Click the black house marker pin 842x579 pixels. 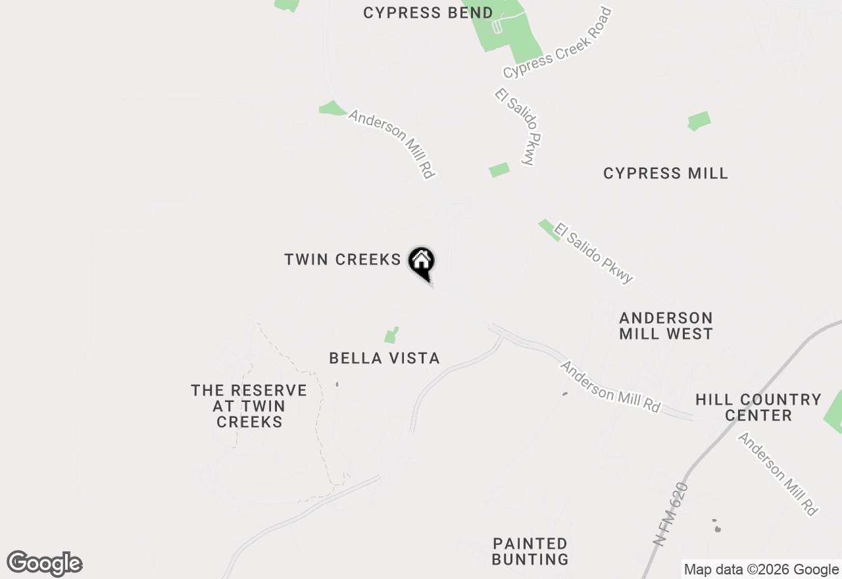coord(422,262)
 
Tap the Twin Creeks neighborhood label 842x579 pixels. coord(342,260)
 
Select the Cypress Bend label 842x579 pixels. coord(428,13)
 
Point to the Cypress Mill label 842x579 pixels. coord(666,174)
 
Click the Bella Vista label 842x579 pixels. coord(384,359)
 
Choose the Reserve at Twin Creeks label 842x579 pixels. coord(249,406)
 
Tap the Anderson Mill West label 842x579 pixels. coord(666,326)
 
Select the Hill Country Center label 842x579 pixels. coord(758,407)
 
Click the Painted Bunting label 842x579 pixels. coord(530,551)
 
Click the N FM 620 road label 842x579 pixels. coord(672,513)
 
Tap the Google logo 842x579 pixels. coord(45,564)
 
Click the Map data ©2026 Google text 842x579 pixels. coord(760,570)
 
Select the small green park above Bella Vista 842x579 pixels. coord(391,336)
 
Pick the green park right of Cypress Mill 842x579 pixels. coord(699,121)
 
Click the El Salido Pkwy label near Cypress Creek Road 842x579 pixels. coord(518,127)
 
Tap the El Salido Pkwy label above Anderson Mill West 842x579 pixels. coord(593,253)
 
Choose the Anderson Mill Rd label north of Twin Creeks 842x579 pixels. coord(392,144)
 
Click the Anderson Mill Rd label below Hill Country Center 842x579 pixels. coord(778,474)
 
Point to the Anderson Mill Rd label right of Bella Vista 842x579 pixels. coord(610,387)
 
